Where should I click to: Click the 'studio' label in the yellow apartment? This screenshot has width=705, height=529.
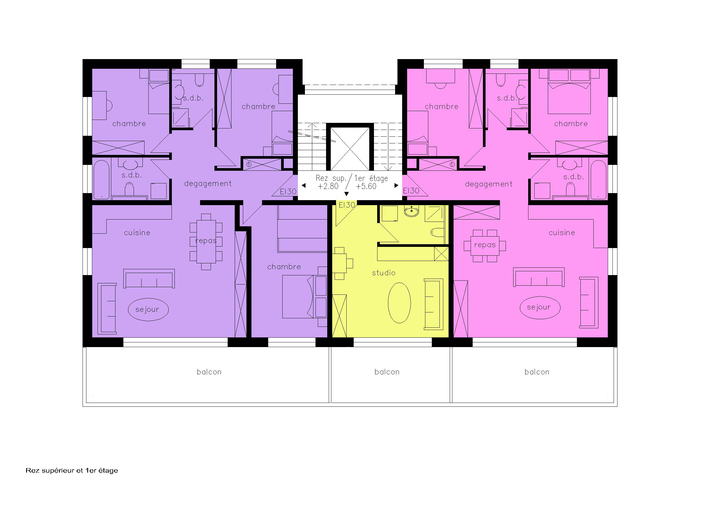tap(383, 273)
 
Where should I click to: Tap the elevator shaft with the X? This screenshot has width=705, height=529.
tap(350, 149)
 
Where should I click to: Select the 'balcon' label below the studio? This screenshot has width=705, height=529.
tap(387, 372)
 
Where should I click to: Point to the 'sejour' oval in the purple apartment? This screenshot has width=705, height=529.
tap(148, 309)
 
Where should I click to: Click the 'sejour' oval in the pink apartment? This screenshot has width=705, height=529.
tap(540, 307)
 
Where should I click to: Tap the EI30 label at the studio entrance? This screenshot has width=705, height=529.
tap(347, 205)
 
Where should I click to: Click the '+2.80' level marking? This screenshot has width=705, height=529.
tap(328, 187)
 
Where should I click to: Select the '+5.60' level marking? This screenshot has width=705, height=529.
tap(366, 187)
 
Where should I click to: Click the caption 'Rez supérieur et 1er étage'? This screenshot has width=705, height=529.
tap(72, 470)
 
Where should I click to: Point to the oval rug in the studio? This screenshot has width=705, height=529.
tap(399, 303)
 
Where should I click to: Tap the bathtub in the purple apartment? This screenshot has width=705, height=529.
tap(101, 180)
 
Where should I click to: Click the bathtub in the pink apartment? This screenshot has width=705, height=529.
tap(598, 180)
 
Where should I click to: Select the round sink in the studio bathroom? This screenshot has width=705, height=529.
tap(412, 211)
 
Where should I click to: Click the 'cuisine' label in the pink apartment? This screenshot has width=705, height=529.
tap(562, 233)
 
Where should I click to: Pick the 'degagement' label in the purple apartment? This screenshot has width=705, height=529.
tap(208, 184)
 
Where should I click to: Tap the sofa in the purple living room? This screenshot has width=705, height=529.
tap(149, 278)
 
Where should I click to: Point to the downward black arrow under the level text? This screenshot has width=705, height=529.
tap(346, 194)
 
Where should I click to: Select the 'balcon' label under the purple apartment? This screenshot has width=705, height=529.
tap(209, 372)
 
